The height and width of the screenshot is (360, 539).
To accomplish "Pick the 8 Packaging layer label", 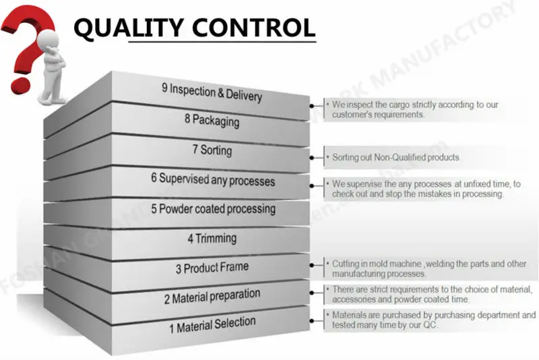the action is (211, 121).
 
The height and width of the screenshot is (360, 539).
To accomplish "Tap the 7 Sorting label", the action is (212, 150).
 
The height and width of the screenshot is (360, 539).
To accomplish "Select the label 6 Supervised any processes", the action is (213, 180).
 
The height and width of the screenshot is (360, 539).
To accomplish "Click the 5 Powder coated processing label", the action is (212, 209).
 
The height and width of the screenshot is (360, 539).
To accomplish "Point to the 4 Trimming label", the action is (212, 238).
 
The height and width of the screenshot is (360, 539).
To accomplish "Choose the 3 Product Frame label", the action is (212, 268).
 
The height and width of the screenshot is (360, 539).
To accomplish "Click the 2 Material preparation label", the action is (212, 296).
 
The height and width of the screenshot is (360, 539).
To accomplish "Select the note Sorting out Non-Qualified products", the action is (395, 157).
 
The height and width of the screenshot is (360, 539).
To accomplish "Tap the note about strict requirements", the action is (429, 295).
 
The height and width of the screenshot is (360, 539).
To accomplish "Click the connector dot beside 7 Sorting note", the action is (311, 158).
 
